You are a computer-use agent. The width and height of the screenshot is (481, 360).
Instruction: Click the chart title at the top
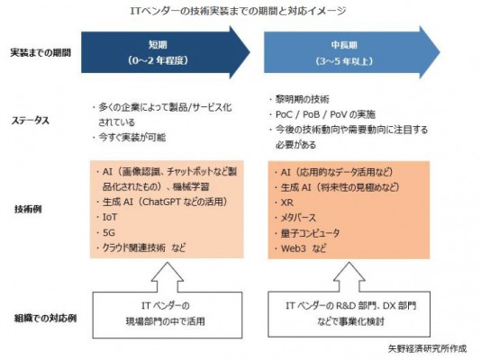pos(238,11)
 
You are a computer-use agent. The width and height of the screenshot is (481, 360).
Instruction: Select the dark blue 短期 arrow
pos(166,52)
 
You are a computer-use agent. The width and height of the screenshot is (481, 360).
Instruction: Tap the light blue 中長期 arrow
pos(352,52)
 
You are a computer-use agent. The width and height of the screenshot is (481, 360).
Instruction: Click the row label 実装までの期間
pos(41,53)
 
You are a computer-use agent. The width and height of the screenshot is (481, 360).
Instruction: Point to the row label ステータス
pos(30,121)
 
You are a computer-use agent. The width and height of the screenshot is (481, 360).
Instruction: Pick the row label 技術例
pos(28,210)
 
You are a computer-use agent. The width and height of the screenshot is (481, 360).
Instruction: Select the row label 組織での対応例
pos(45,319)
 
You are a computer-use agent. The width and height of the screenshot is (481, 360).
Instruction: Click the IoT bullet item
pos(106,217)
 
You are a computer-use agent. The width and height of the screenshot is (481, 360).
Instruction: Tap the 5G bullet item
pos(105,232)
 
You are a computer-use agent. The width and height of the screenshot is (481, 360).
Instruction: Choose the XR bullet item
pos(284,202)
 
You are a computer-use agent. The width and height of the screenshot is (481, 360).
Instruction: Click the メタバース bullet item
pos(295,218)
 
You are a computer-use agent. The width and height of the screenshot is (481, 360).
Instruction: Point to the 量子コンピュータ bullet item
pos(307,233)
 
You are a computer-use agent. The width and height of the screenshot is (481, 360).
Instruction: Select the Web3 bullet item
pos(300,248)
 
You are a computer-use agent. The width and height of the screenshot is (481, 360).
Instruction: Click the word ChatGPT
pos(161,202)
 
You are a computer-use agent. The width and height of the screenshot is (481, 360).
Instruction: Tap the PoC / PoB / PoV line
pos(322,114)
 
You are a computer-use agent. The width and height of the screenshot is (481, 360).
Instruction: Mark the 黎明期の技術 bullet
pos(299,99)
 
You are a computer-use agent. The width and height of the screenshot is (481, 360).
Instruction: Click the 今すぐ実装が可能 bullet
pos(129,138)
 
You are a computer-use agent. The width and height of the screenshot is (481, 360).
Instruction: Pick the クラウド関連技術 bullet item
pos(141,247)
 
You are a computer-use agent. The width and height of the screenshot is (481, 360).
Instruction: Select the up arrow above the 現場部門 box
pos(168,276)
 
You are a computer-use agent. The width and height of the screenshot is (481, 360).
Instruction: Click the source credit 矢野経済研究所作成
pos(427,348)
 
